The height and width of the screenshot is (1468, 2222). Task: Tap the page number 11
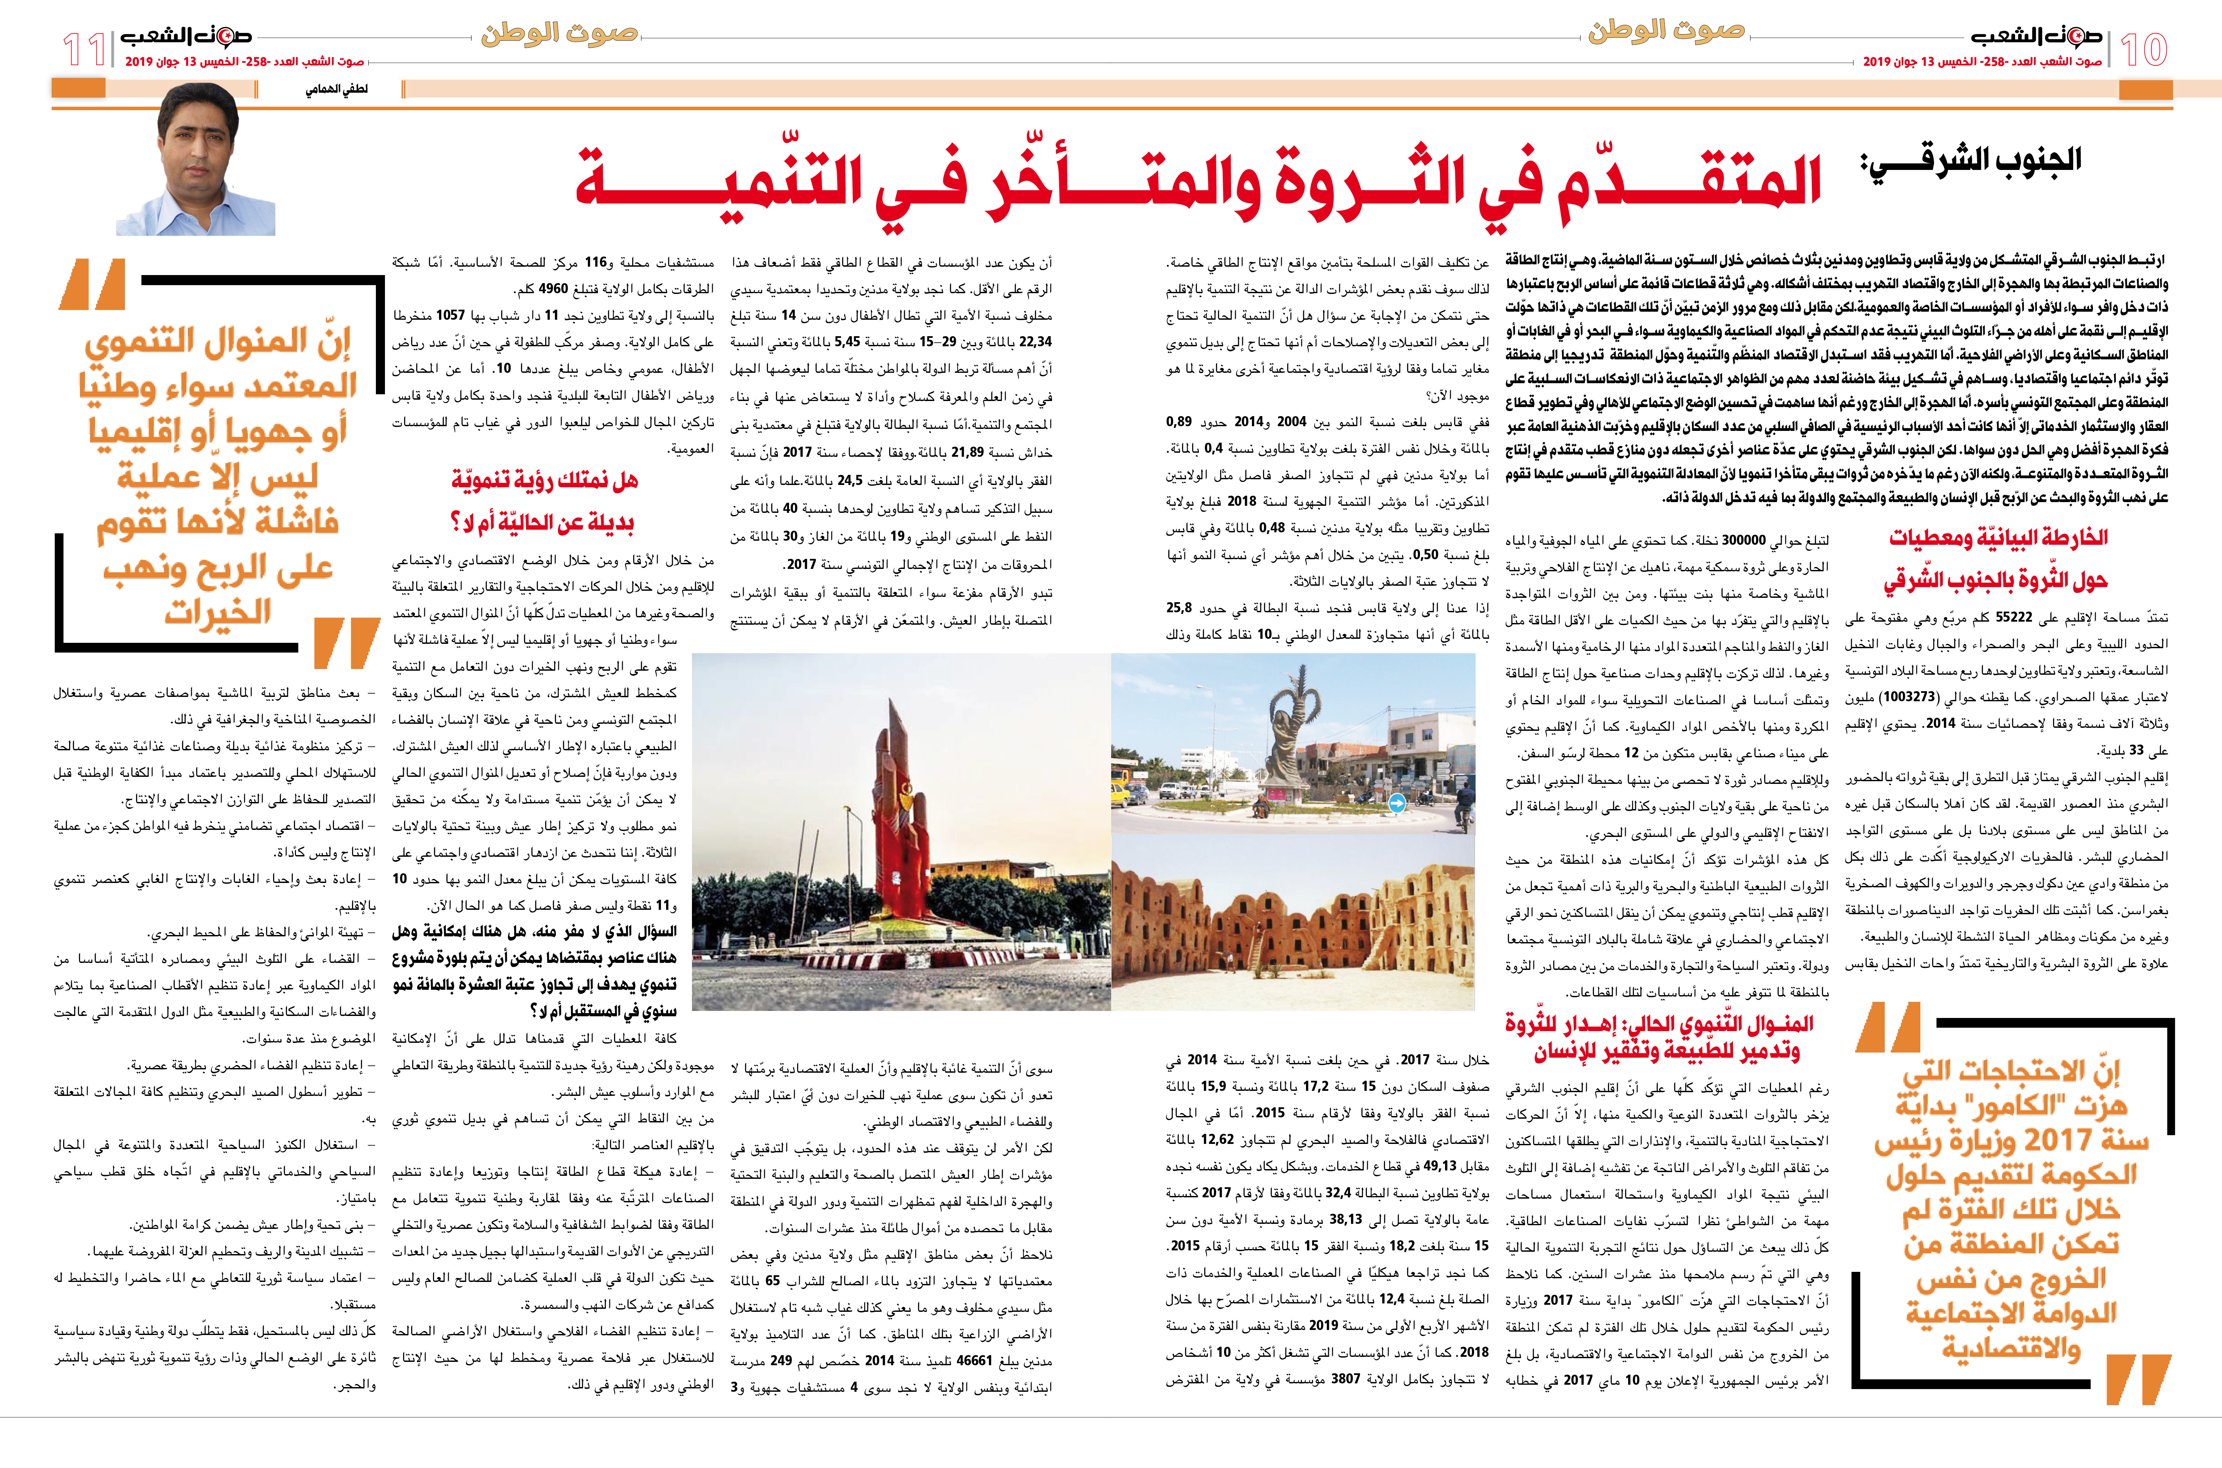[x=84, y=49]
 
